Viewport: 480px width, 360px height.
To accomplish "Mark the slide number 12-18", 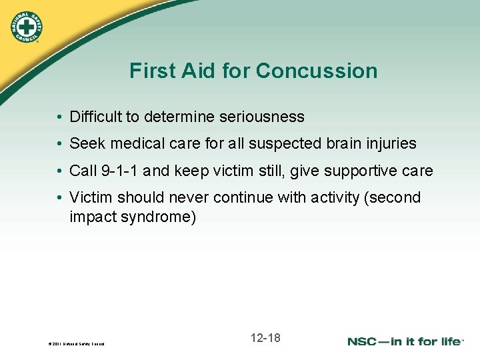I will point(265,338).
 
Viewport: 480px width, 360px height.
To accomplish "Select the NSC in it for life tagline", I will point(405,341).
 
